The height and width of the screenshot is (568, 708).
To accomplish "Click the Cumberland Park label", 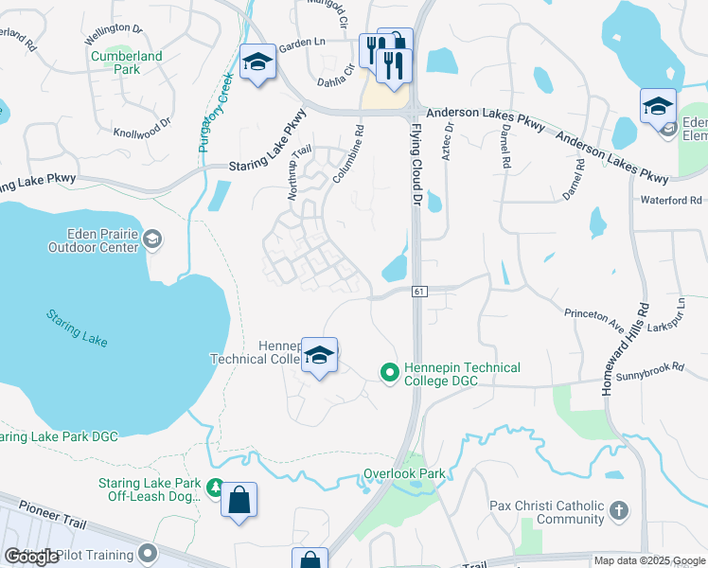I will tap(127, 62).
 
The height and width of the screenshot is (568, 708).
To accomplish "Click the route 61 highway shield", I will tap(417, 292).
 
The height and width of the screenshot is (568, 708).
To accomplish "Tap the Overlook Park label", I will tap(403, 472).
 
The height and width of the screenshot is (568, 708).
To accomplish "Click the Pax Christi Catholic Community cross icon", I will tap(618, 511).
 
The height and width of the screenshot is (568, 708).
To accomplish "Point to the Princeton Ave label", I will tap(593, 319).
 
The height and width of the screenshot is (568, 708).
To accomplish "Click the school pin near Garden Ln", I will tap(257, 62).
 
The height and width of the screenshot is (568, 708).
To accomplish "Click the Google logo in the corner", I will tap(30, 557).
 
